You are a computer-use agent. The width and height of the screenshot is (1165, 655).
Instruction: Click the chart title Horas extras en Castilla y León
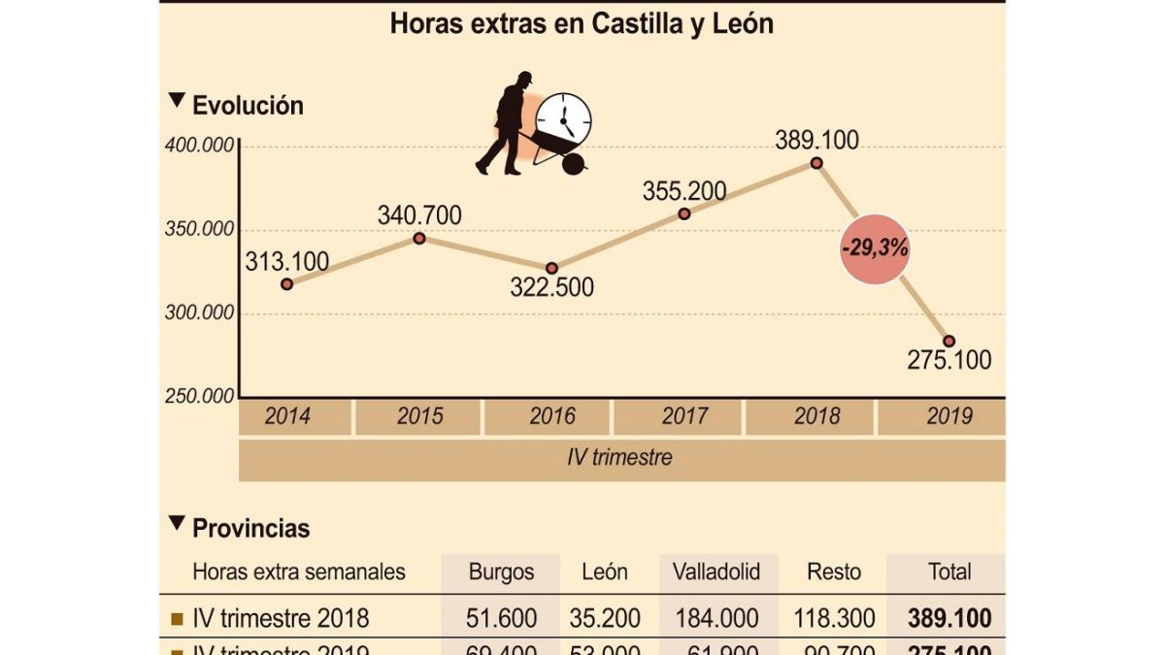582,24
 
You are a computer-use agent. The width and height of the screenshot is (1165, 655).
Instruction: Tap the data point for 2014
287,284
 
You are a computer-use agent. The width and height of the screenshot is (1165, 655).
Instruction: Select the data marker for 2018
816,163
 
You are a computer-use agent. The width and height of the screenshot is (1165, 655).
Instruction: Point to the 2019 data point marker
949,341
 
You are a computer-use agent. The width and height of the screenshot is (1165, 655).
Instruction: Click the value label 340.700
419,215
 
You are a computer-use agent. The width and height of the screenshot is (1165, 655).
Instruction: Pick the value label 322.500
551,288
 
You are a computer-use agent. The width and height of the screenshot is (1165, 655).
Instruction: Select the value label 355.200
684,191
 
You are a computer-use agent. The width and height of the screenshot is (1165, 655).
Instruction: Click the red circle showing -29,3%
875,248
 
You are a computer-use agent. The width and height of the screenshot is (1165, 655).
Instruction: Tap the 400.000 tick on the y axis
198,147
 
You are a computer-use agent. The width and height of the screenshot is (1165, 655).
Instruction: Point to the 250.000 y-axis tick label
198,396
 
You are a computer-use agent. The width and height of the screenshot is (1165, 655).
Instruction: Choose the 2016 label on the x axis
551,417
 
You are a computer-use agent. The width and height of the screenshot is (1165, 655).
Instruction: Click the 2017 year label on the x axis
684,417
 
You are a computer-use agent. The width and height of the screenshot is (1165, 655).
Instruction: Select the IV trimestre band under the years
621,457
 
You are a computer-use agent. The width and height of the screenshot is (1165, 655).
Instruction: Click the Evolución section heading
248,106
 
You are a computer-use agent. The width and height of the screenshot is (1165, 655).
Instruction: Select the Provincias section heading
250,529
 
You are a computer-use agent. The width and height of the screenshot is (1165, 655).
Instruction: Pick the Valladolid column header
716,572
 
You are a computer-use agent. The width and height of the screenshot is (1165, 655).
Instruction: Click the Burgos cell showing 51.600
501,618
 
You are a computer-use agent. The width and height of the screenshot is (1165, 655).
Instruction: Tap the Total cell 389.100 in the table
949,618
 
